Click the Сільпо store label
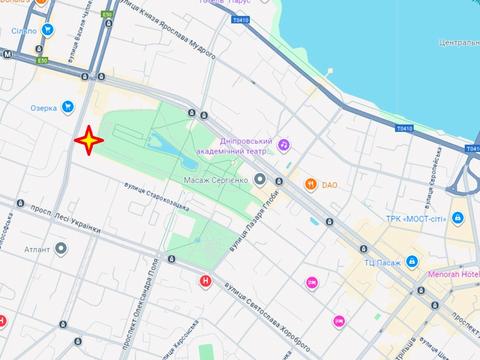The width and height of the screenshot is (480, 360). pos(24,31)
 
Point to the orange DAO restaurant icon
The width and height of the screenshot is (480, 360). pos(312,184)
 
